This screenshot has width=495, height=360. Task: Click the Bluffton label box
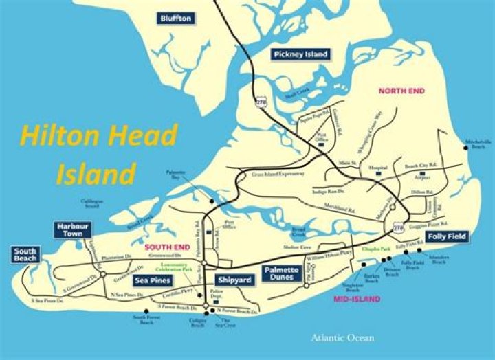pyautogui.click(x=176, y=18)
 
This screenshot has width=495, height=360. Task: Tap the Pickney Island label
pyautogui.click(x=300, y=54)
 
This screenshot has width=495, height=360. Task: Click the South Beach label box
pyautogui.click(x=25, y=255)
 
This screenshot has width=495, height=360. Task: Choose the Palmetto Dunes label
pyautogui.click(x=281, y=273)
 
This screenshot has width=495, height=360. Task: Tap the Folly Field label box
pyautogui.click(x=447, y=236)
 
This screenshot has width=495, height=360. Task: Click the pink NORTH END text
pyautogui.click(x=401, y=91)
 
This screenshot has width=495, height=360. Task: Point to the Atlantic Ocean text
pyautogui.click(x=342, y=337)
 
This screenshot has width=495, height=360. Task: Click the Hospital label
pyautogui.click(x=379, y=166)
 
